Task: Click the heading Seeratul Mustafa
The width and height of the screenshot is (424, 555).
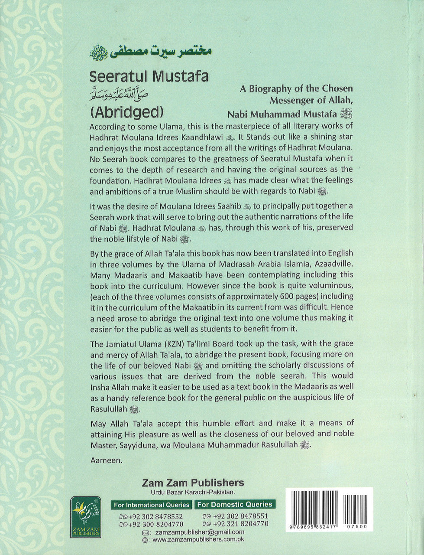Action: click(x=149, y=76)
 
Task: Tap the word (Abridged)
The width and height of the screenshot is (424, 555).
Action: click(x=126, y=112)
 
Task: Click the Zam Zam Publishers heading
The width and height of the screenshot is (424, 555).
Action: click(x=193, y=483)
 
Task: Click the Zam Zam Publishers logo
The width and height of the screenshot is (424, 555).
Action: click(x=85, y=516)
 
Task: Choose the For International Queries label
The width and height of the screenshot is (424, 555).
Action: click(x=151, y=505)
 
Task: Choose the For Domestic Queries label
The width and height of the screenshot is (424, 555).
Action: click(x=235, y=504)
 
